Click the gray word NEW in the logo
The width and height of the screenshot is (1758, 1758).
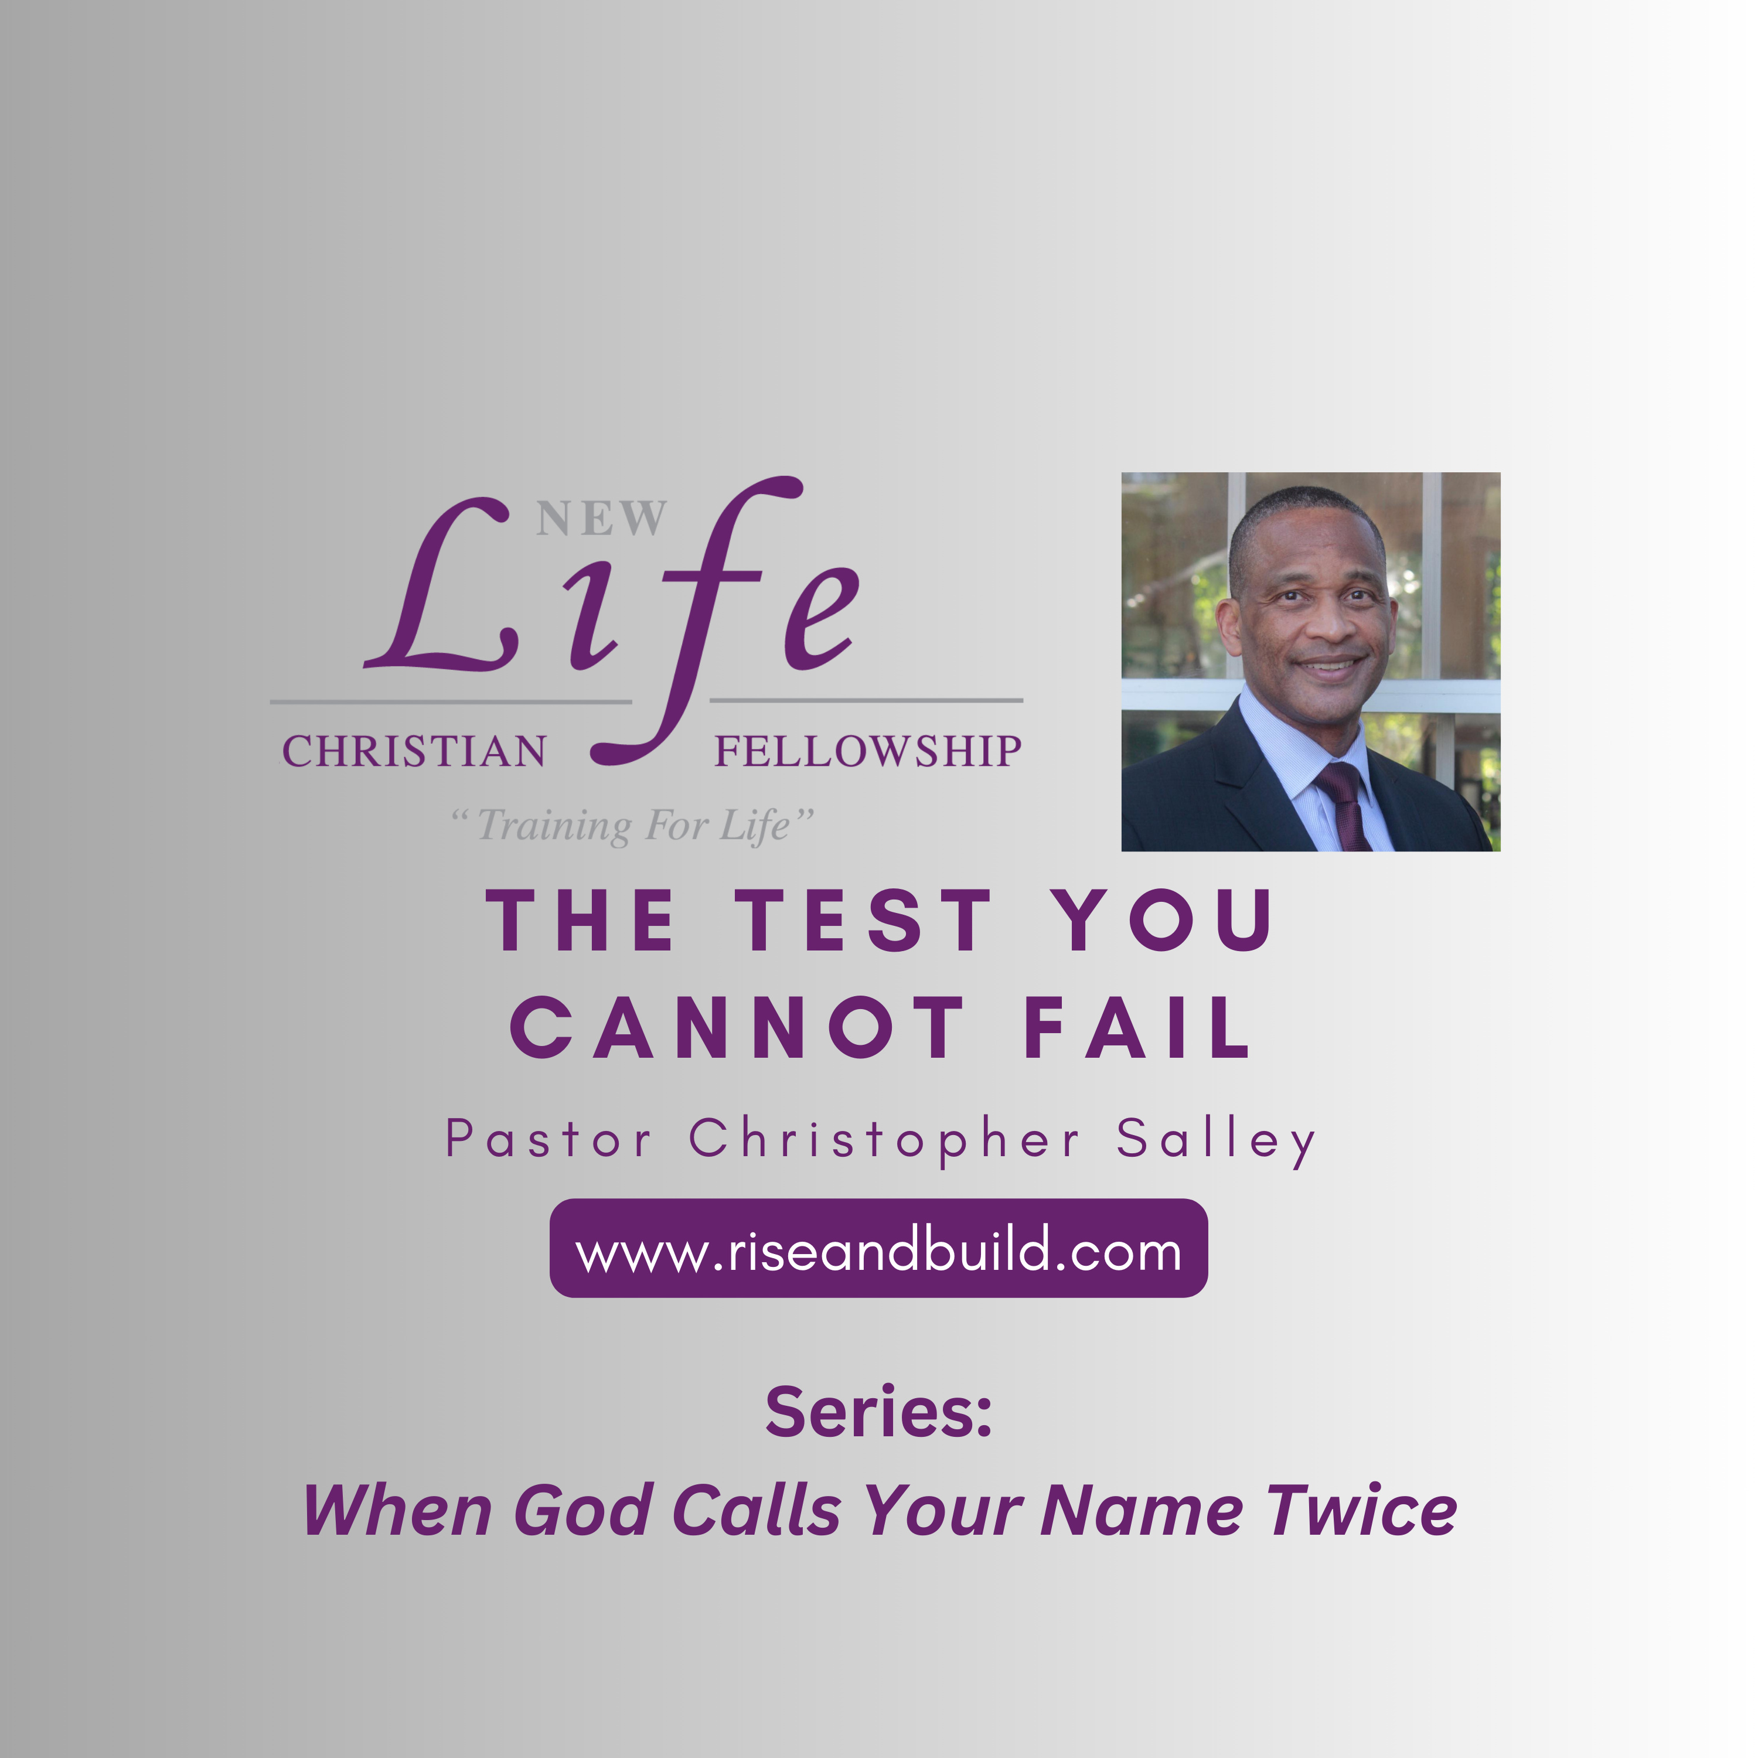click(601, 518)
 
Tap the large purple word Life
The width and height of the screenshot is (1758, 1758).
click(611, 619)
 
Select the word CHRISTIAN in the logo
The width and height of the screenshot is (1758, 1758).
click(414, 752)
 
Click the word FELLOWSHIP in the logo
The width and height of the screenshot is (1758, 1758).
click(868, 752)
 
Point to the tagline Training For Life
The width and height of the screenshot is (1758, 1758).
click(632, 825)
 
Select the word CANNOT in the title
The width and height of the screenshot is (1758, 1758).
click(736, 1027)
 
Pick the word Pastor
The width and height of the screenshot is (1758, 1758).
click(548, 1139)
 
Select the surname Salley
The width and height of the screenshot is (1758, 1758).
click(1217, 1141)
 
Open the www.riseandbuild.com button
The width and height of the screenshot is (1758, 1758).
click(878, 1248)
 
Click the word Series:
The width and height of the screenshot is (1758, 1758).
click(879, 1412)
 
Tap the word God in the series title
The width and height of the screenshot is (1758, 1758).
click(583, 1511)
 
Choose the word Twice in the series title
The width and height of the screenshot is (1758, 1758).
click(1363, 1511)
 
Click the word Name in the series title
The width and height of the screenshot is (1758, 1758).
click(1141, 1511)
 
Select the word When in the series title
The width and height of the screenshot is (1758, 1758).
click(398, 1511)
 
